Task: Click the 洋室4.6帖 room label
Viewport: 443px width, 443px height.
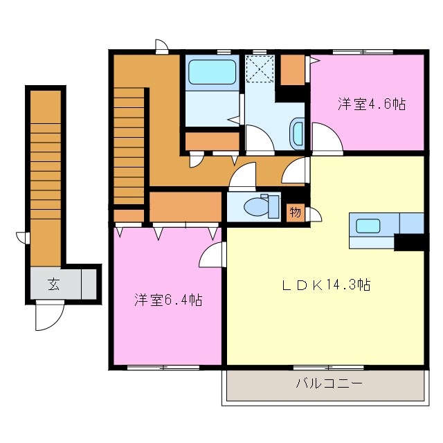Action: tap(371, 105)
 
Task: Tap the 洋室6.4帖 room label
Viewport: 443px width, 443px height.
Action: tap(168, 300)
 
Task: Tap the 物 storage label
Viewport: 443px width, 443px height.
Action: tap(295, 213)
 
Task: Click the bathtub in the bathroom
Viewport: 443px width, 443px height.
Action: tap(211, 72)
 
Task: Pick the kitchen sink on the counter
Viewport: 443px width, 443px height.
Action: tap(368, 226)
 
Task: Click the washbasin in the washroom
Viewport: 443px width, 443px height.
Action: tap(298, 133)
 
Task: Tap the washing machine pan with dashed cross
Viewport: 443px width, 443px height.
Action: tap(262, 69)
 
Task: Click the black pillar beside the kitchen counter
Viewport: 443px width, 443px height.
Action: tap(408, 242)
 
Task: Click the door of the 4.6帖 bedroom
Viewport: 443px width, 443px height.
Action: tap(326, 137)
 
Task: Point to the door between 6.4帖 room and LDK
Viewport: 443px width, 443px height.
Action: tap(212, 255)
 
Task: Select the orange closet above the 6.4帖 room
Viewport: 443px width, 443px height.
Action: tap(184, 206)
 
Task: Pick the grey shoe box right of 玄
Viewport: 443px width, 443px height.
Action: tap(89, 283)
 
